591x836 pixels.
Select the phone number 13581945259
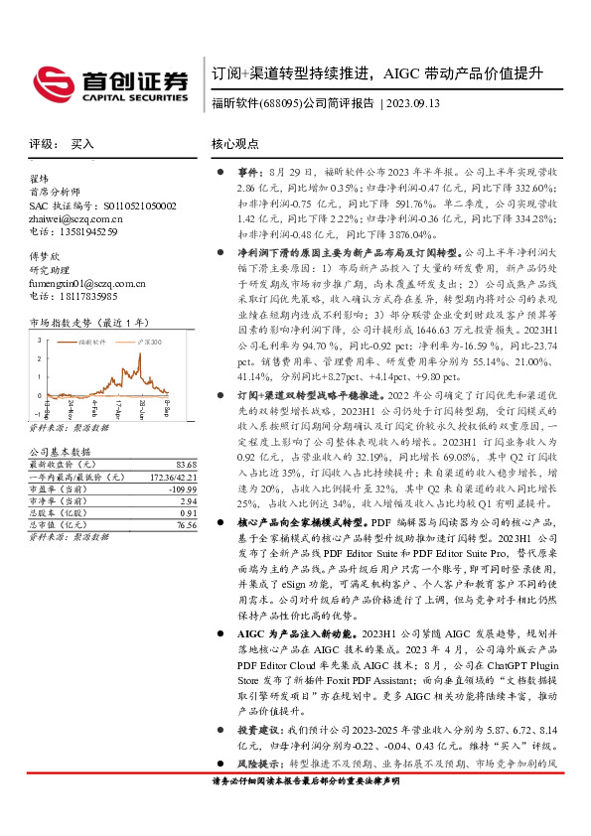tap(85, 231)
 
